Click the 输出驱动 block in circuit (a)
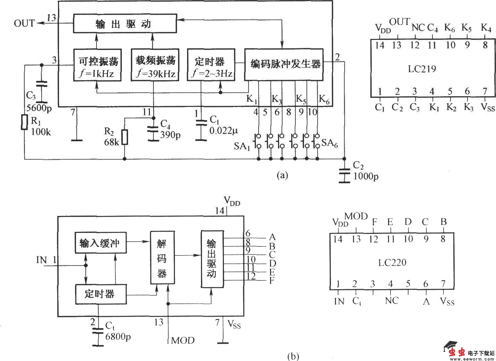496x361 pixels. (x=124, y=24)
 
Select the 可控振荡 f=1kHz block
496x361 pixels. (x=98, y=65)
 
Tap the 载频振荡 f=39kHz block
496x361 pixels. (x=154, y=65)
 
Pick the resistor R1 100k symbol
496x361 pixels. (x=24, y=122)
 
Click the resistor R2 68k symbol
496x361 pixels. (x=125, y=137)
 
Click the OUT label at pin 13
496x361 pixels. (x=24, y=23)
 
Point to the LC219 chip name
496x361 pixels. (x=422, y=69)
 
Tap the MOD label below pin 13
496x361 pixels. (x=183, y=340)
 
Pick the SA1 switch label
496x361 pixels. (x=242, y=146)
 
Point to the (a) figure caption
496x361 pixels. (x=282, y=175)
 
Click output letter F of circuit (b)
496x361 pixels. (x=272, y=280)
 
